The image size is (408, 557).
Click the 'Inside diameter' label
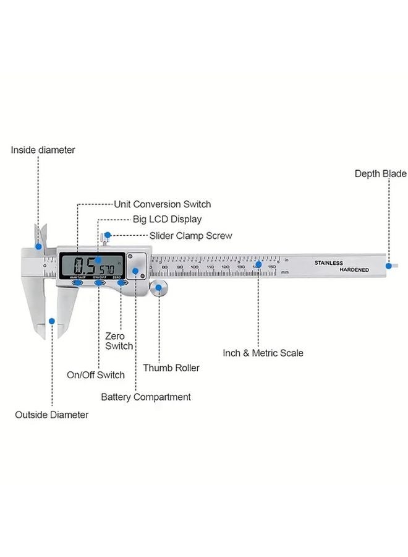point(43,150)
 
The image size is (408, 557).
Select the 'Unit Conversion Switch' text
point(163,204)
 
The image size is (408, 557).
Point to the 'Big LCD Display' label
point(167,219)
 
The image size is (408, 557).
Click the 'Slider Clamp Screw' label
point(190,236)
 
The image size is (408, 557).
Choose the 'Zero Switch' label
point(119,341)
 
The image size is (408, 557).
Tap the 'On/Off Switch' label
point(96,374)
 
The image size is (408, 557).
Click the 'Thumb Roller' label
point(171,368)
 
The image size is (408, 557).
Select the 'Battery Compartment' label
point(146,397)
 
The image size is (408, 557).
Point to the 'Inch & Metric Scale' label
point(263,353)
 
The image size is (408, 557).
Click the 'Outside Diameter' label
point(51,415)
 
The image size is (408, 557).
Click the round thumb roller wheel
point(160,288)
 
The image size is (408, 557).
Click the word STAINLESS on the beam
point(328,262)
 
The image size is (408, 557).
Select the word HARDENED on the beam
point(354,270)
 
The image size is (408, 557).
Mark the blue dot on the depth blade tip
point(389,266)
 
